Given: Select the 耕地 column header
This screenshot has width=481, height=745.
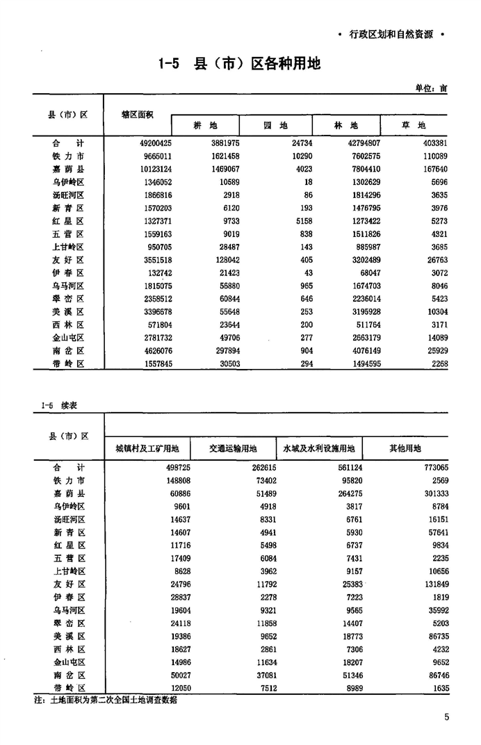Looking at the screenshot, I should tap(205, 126).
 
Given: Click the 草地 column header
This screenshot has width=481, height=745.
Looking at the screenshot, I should tap(413, 126).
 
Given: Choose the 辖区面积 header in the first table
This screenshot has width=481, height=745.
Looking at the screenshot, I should tap(137, 113).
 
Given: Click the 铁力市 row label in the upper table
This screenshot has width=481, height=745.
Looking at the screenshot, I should tap(68, 156).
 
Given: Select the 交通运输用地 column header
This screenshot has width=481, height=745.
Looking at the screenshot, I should tap(233, 448).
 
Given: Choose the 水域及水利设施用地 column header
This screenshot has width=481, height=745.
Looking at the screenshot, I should tap(319, 448).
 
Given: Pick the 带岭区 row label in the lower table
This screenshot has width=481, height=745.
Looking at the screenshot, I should tap(68, 687).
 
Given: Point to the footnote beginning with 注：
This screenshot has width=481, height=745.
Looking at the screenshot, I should tap(104, 701).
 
